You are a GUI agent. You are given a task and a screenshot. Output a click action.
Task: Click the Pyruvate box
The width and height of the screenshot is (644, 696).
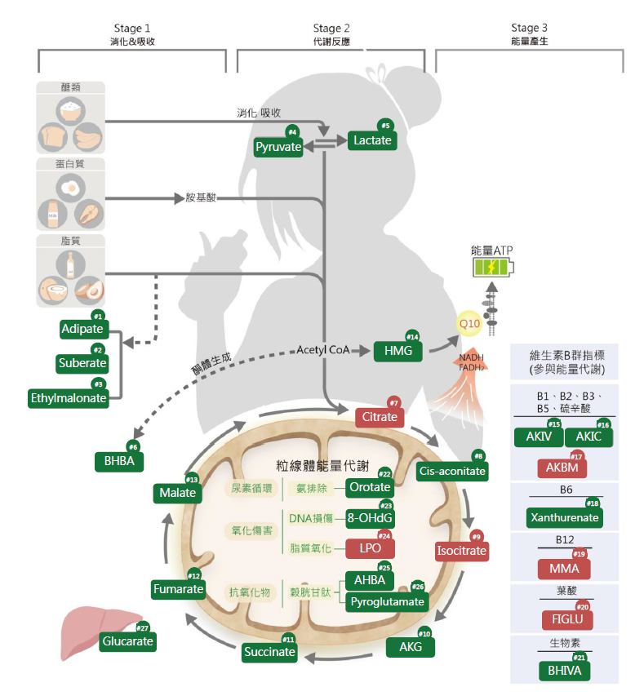coord(278,148)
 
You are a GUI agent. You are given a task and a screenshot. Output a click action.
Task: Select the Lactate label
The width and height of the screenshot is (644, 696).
coord(372,140)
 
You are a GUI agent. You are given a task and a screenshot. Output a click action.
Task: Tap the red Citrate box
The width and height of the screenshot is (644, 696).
coord(380,417)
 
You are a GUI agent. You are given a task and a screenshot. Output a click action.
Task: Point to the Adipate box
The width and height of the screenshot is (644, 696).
coord(82,330)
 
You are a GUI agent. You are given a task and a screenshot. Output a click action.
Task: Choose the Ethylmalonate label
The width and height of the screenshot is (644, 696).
coord(69,398)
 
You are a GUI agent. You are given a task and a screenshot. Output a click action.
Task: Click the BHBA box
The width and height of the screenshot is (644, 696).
coord(119,462)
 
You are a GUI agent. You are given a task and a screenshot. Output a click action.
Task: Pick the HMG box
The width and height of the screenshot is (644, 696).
coord(398,352)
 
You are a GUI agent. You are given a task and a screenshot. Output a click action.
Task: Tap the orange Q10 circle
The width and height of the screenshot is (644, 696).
coord(469,324)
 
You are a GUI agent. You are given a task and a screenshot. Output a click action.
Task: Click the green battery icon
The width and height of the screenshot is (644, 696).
coord(493,268)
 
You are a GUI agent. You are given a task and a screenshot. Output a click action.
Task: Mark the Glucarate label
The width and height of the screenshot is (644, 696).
coord(128,642)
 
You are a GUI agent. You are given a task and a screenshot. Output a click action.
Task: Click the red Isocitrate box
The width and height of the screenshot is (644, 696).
coord(461,551)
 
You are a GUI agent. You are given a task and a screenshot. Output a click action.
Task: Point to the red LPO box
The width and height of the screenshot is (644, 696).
coord(371,547)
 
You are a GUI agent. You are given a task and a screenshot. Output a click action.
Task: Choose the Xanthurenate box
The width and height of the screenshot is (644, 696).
coord(565,517)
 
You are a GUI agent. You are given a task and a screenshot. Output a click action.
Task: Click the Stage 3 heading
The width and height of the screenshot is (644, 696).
coord(529,29)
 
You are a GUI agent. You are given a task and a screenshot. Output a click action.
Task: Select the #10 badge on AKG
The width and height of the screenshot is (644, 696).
coord(424,633)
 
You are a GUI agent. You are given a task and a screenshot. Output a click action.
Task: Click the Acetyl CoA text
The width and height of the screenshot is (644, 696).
coord(322,349)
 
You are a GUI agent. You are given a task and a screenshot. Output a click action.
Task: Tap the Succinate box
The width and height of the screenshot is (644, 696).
coord(269,652)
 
